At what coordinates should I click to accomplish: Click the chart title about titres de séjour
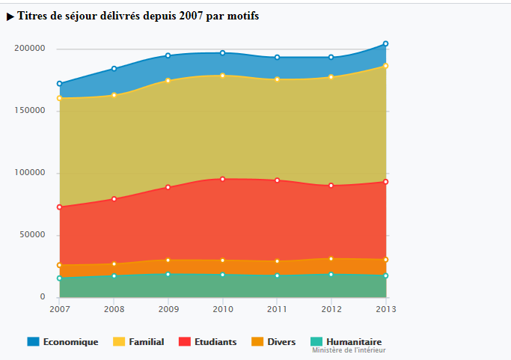(x=138, y=16)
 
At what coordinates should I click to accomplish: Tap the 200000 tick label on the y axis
(x=30, y=49)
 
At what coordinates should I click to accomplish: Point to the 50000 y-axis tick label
(x=32, y=235)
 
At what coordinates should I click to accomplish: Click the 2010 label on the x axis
(x=222, y=308)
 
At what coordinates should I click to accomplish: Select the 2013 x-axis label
(x=385, y=308)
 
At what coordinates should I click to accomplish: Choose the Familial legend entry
(x=138, y=342)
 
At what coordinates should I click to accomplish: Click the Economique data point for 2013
(x=386, y=43)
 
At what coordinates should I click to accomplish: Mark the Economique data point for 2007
(x=60, y=84)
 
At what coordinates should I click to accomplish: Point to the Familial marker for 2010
(x=223, y=76)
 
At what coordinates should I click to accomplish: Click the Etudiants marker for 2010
(x=223, y=179)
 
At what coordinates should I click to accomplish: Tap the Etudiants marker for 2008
(x=114, y=199)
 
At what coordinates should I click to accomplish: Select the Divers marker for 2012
(x=331, y=259)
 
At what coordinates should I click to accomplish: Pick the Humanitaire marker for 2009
(x=168, y=275)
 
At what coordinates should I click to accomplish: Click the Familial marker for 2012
(x=331, y=77)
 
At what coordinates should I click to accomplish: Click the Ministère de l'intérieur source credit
(x=349, y=350)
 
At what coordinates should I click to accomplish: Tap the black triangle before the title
(x=10, y=16)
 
